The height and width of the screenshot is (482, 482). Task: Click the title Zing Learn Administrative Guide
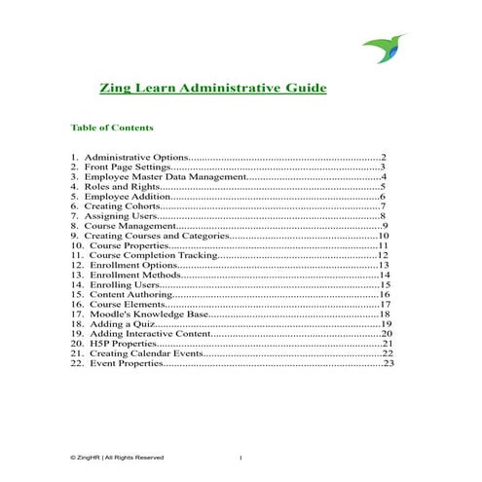click(x=199, y=89)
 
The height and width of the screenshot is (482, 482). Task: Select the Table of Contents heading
click(x=112, y=128)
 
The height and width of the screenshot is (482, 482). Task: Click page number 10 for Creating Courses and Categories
click(x=384, y=236)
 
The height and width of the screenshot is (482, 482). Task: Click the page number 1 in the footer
click(x=240, y=457)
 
